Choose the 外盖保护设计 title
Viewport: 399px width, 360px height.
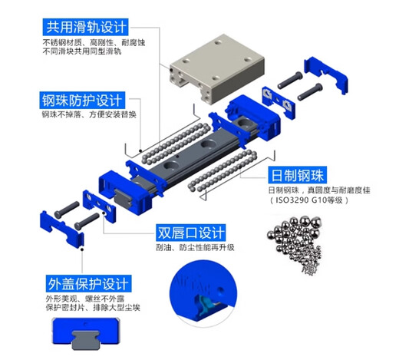84,282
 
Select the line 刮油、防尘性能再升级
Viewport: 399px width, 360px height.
194,247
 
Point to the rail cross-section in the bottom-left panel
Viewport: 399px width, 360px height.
87,335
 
